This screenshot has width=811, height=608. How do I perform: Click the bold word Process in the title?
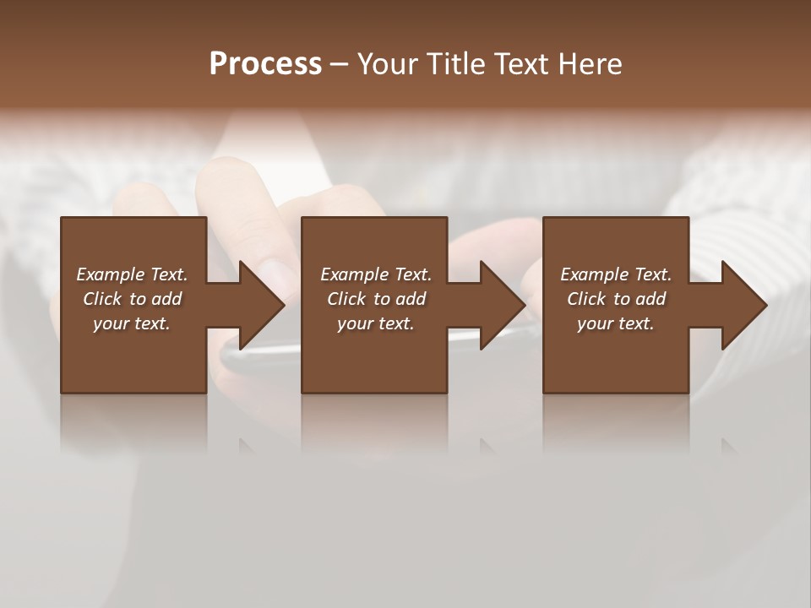(265, 63)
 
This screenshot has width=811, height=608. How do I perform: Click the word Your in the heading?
(388, 64)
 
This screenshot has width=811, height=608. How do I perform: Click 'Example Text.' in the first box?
(132, 274)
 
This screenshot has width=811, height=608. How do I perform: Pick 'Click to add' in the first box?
(132, 299)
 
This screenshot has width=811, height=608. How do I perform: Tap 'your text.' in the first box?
(132, 323)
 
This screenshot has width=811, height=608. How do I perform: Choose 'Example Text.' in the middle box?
(376, 274)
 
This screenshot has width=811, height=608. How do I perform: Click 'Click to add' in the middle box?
(376, 299)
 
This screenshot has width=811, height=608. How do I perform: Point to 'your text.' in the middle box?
(376, 323)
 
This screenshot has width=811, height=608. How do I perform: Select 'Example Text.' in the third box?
(616, 274)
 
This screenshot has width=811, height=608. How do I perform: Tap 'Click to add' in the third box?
(616, 299)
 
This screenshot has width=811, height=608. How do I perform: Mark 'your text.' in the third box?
(616, 323)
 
